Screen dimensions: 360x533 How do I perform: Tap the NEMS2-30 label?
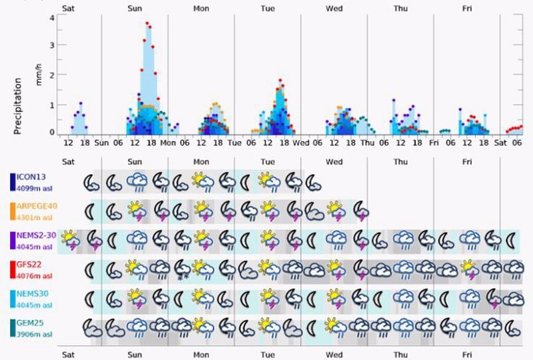[38, 235]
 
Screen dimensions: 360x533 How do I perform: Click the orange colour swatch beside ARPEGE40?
[13, 211]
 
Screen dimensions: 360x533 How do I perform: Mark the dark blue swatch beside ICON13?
[13, 182]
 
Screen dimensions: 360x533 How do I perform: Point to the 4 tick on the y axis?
[52, 17]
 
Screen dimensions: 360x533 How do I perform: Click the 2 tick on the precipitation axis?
[52, 75]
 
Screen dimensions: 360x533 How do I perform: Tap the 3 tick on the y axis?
[52, 46]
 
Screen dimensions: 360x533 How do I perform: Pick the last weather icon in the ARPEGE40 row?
[360, 210]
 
